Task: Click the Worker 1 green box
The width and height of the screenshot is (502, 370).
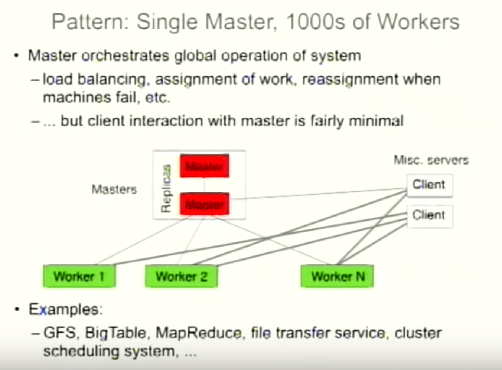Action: point(79,276)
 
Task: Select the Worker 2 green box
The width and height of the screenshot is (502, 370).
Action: point(181,276)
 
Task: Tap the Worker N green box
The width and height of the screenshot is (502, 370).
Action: point(337,276)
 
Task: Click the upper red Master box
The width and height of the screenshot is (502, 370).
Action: point(205,166)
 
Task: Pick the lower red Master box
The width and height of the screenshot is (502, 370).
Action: point(205,204)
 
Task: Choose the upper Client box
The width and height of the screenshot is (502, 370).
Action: point(430,185)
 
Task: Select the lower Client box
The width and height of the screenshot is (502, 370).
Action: point(430,215)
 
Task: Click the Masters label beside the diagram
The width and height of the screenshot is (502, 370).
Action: point(114,189)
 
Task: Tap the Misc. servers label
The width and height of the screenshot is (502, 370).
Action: point(431,160)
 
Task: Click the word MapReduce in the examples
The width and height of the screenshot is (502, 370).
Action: point(198,333)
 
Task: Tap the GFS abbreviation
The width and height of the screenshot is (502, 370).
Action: point(59,333)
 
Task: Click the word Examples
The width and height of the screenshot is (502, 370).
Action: point(65,309)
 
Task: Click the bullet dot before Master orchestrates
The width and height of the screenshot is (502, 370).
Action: point(16,56)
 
